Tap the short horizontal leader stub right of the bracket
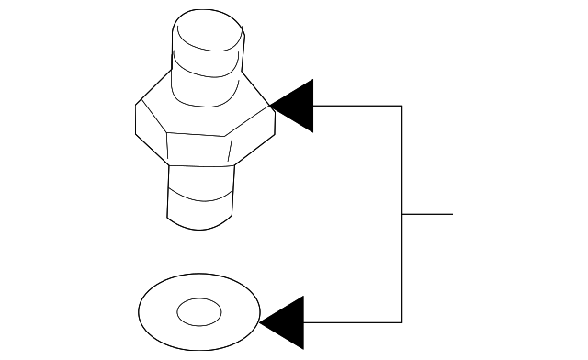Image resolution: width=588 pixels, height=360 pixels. coord(428,214)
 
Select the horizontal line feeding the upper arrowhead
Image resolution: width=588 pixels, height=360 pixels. coord(358,106)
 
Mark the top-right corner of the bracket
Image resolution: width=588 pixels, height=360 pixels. coord(402,106)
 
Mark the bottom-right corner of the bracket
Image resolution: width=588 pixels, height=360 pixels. coord(402,322)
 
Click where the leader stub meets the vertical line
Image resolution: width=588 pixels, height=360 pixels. coord(402,214)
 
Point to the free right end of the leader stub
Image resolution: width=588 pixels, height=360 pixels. coord(452,214)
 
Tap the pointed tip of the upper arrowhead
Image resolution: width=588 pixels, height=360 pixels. coord(274,107)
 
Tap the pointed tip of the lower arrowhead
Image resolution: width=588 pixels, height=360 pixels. coord(261,322)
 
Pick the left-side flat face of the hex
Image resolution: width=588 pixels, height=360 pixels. coord(151,129)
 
